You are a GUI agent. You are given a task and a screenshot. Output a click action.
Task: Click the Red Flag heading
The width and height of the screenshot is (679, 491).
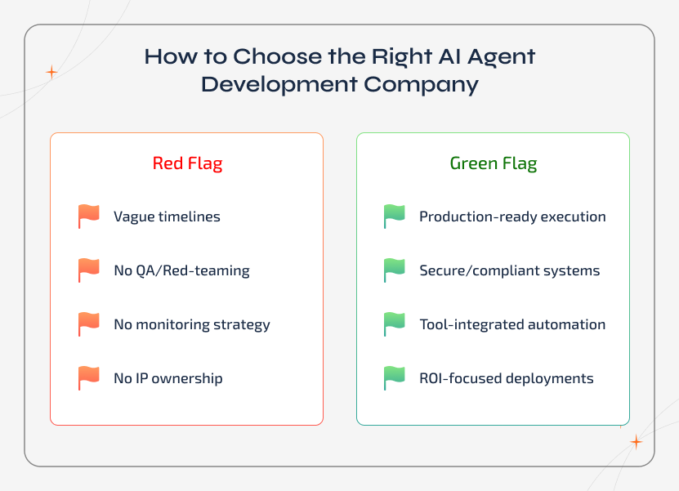[187, 163]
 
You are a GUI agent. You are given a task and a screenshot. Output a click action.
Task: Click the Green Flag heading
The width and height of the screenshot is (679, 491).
[493, 163]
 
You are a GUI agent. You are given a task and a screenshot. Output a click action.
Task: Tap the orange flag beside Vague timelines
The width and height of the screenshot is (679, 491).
[88, 216]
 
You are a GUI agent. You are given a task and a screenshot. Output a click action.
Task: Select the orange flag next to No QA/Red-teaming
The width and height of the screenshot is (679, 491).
[88, 270]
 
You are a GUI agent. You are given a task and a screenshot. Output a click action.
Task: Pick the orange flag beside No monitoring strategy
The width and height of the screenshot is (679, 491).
[88, 324]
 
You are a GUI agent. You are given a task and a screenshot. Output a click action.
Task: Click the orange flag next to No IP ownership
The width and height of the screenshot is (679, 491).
[88, 378]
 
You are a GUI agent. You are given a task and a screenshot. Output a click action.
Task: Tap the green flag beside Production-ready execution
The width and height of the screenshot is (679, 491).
[394, 216]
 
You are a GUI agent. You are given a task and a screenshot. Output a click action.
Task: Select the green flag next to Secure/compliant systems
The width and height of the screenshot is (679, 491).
[394, 270]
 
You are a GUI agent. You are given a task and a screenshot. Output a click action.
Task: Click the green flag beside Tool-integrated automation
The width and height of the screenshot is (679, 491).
[394, 324]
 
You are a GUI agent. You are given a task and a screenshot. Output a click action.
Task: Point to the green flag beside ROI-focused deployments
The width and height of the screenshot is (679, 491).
[394, 378]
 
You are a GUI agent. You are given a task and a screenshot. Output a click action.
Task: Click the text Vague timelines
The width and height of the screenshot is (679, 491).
[167, 217]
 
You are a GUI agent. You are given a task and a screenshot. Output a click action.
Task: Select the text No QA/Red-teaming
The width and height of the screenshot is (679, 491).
[181, 271]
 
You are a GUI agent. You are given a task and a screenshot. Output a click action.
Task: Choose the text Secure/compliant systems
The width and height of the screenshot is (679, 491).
[509, 271]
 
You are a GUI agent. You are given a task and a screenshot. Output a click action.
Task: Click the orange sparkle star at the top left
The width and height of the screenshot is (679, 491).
[51, 72]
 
